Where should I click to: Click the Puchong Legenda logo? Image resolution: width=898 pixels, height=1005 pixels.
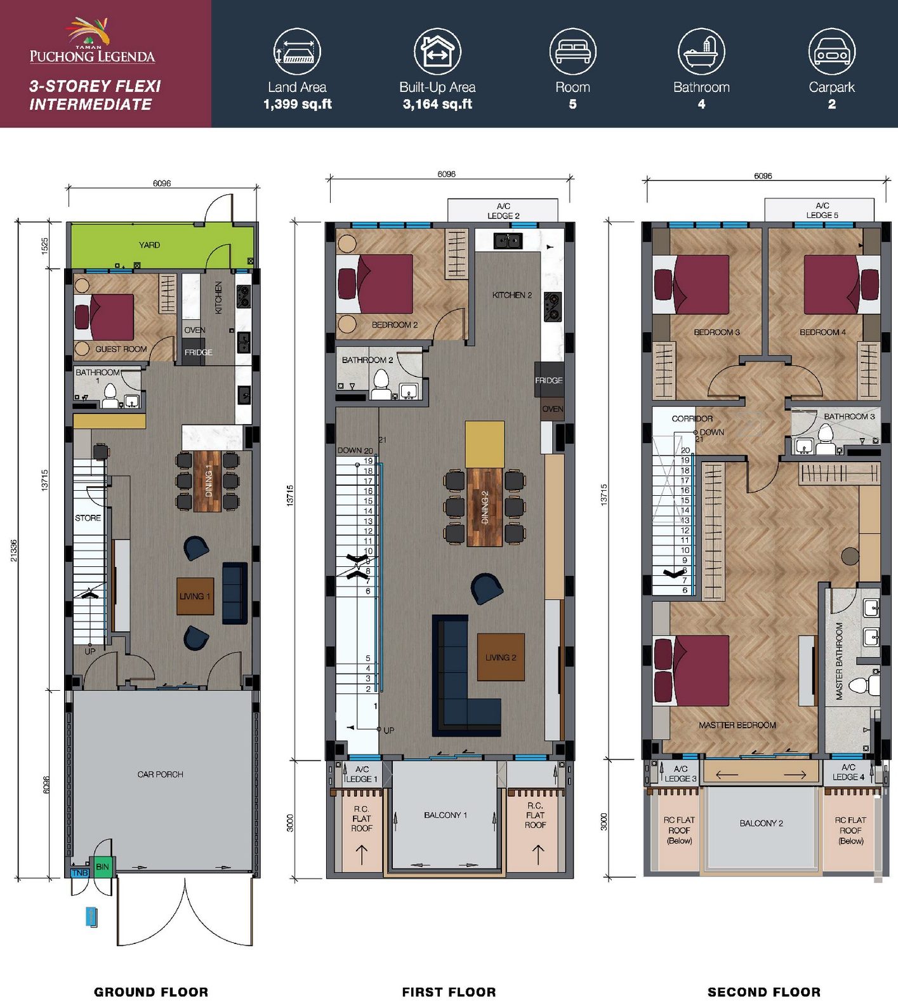click(x=92, y=41)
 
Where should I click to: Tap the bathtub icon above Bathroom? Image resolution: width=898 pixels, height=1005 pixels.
click(x=701, y=51)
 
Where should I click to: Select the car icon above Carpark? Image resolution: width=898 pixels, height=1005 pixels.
click(x=831, y=51)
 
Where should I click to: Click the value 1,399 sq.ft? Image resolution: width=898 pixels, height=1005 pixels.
click(x=298, y=104)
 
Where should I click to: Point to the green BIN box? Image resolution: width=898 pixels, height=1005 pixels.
click(x=102, y=867)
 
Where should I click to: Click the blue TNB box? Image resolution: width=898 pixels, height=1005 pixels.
click(x=80, y=873)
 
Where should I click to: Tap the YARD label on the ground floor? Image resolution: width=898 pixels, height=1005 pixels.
click(x=150, y=245)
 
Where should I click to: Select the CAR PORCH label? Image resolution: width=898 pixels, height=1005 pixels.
click(x=161, y=775)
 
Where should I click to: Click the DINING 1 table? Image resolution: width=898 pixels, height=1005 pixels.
click(x=208, y=481)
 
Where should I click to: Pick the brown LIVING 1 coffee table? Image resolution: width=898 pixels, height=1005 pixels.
click(x=195, y=596)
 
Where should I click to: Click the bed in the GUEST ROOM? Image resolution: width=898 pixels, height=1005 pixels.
click(x=105, y=317)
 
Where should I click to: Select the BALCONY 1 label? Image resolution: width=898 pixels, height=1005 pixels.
click(x=446, y=815)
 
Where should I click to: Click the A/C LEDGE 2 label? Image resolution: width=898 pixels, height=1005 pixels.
click(x=503, y=211)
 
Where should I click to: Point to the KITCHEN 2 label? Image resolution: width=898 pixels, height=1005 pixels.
click(x=512, y=295)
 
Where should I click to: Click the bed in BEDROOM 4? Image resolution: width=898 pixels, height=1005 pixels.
click(x=842, y=284)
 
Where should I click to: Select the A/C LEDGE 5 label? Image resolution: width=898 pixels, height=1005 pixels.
click(x=822, y=210)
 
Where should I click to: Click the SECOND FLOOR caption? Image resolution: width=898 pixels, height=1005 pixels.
click(x=764, y=992)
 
